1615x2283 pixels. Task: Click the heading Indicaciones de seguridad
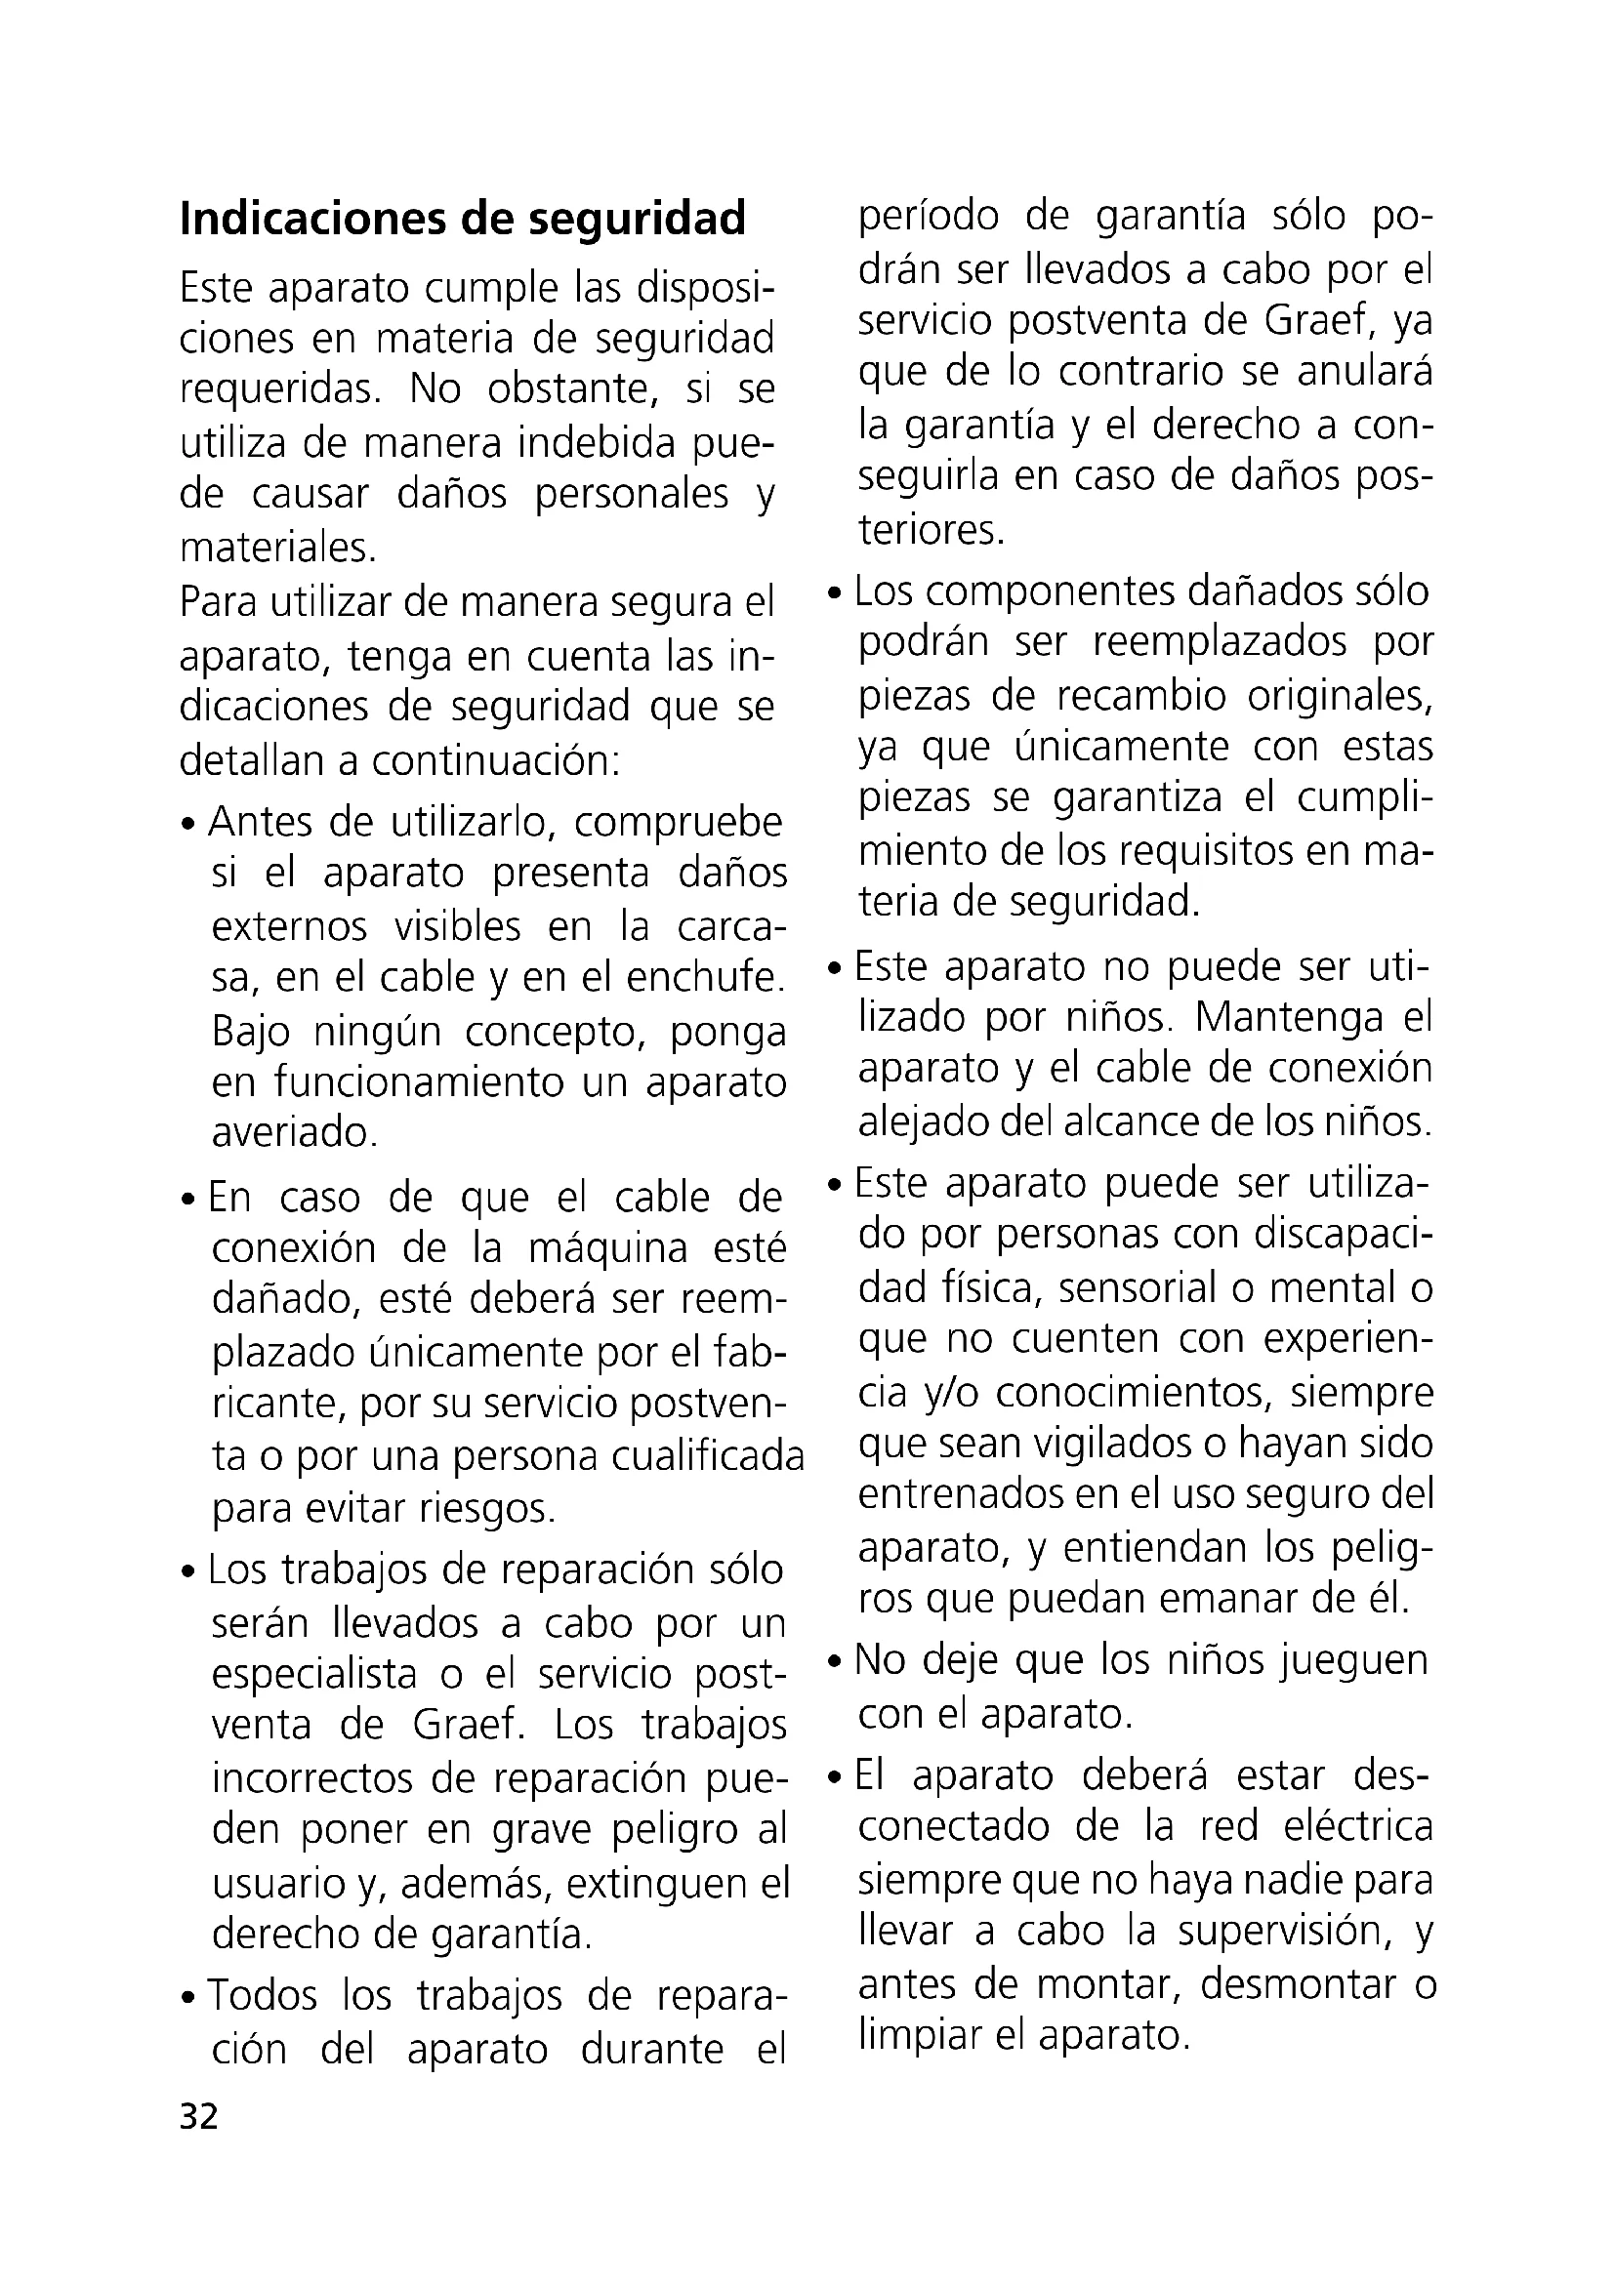(x=463, y=220)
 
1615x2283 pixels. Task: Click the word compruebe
(x=679, y=824)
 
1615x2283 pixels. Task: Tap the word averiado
(x=294, y=1132)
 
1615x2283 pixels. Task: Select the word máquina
(x=607, y=1248)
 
